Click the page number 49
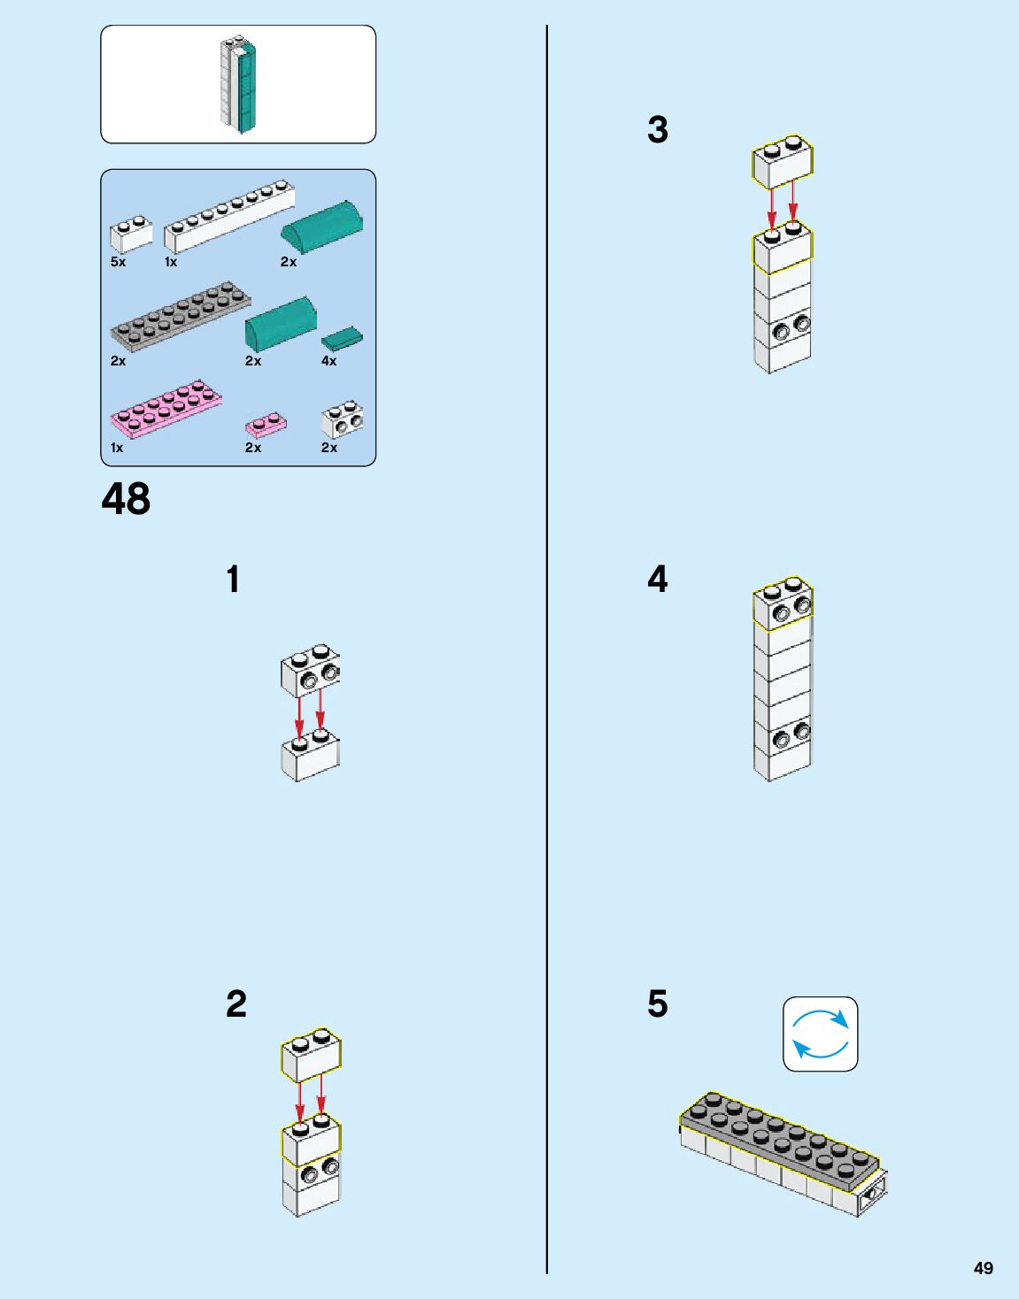coord(983,1268)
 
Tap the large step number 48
coord(126,499)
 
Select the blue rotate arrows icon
coord(820,1034)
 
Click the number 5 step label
coord(657,1003)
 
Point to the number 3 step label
coord(657,129)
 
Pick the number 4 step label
coord(657,579)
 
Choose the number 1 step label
coord(233,580)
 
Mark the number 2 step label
coord(235,1003)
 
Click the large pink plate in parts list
coord(166,409)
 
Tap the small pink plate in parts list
coord(266,425)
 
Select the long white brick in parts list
coord(228,214)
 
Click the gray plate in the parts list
coord(180,316)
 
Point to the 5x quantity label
coord(118,262)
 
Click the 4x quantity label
coord(328,361)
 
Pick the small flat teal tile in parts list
coord(342,339)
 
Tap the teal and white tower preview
coord(238,84)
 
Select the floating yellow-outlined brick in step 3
coord(783,161)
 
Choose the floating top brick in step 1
coord(310,671)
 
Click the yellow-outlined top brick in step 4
coord(782,603)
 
